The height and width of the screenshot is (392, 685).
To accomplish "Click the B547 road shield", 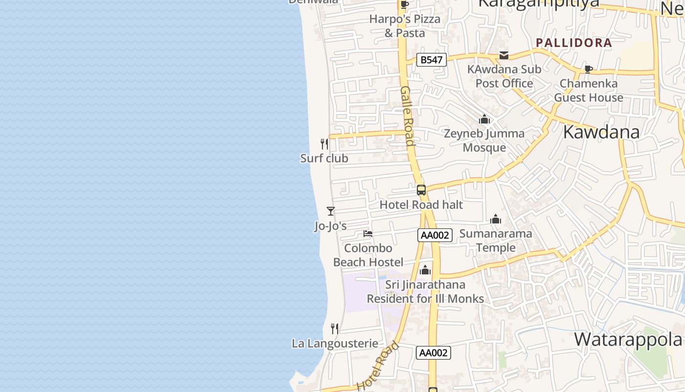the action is (432, 60).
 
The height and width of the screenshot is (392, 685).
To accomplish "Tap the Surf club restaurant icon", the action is (324, 144).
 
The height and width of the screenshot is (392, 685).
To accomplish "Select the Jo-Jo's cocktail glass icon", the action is (331, 211).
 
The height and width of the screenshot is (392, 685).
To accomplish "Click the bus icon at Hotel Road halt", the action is (421, 190).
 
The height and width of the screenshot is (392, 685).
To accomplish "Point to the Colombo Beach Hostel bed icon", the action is (368, 234).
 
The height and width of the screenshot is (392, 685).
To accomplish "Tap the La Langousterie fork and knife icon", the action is (335, 328).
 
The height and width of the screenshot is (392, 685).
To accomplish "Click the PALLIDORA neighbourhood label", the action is (574, 43).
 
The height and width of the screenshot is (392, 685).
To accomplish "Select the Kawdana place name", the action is (601, 132).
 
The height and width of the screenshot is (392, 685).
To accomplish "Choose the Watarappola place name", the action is (628, 339).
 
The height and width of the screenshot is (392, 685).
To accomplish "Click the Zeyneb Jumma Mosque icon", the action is (484, 119).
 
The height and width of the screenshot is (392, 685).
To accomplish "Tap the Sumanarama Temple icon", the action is (496, 219).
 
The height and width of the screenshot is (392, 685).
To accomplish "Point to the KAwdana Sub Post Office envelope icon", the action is (504, 55).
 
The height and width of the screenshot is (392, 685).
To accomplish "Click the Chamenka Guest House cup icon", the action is (588, 69).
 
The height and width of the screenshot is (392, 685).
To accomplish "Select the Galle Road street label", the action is (408, 116).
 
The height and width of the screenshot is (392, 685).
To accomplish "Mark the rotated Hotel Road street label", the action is (378, 366).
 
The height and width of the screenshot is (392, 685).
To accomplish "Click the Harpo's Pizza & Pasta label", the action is (405, 26).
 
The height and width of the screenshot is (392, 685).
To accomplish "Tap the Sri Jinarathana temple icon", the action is (425, 270).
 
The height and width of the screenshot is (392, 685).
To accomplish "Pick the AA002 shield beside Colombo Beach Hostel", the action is (435, 235).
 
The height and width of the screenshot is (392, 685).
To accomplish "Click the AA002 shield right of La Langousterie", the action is (433, 353).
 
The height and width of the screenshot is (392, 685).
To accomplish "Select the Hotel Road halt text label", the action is (421, 205).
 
